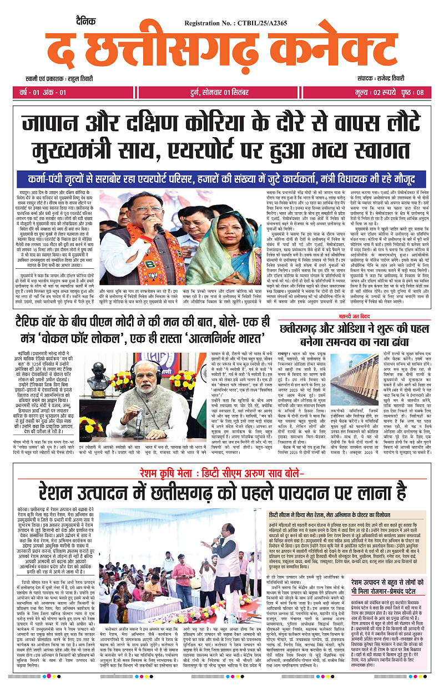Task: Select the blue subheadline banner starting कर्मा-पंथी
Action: pos(221,179)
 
